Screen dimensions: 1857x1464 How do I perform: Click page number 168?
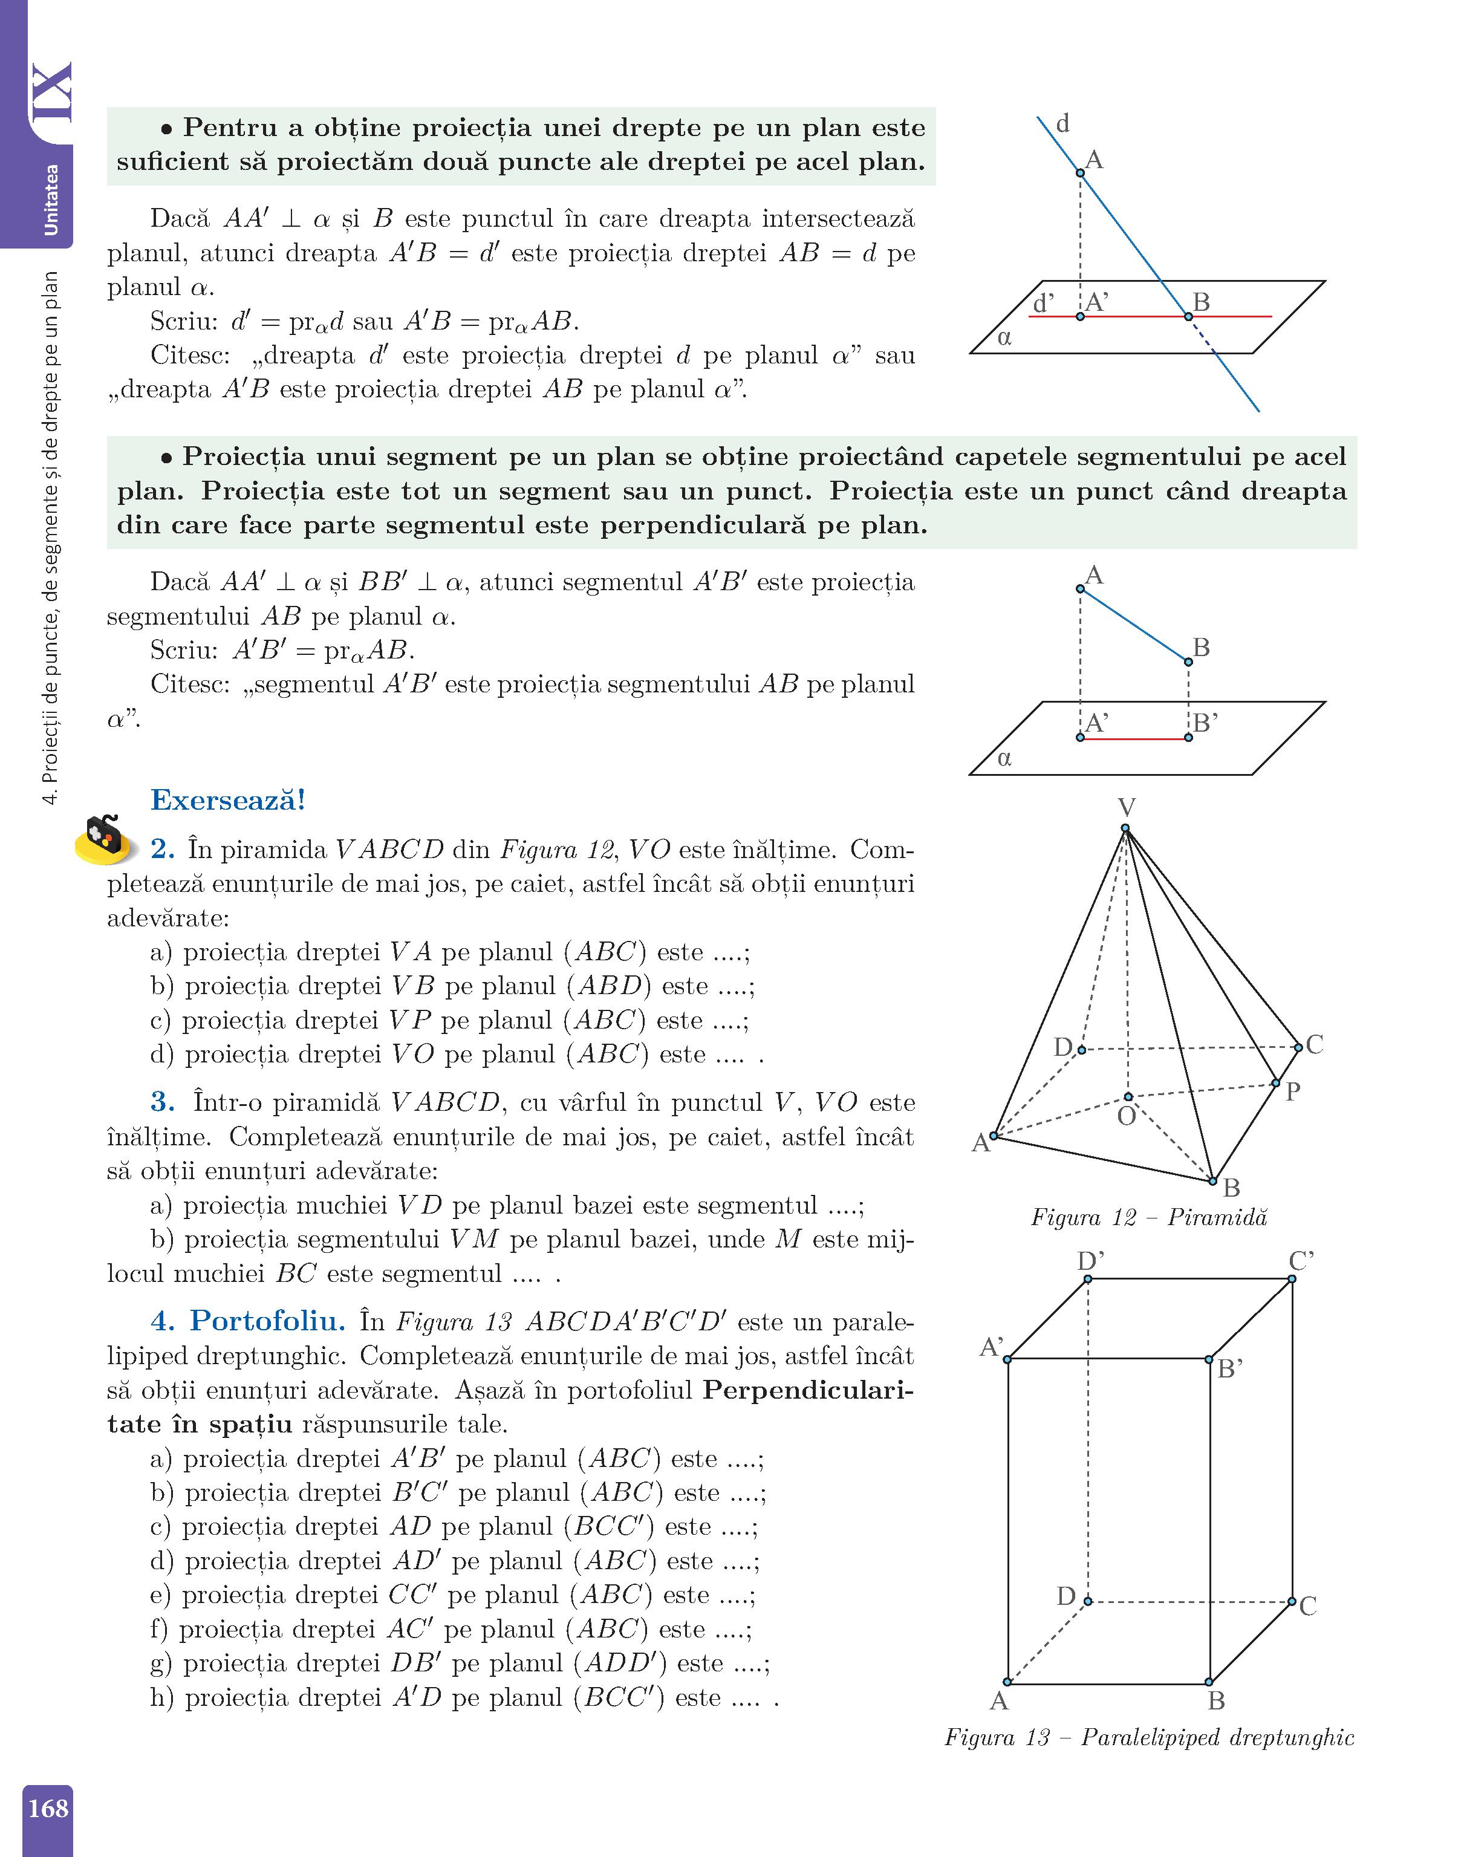click(48, 1808)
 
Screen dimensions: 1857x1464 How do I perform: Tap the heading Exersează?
click(228, 801)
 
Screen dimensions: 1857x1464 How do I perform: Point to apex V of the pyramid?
click(1125, 828)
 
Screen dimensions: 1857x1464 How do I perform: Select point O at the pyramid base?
click(1128, 1097)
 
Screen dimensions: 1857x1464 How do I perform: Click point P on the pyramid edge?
click(1275, 1083)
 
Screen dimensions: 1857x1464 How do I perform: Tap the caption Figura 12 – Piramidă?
click(1148, 1218)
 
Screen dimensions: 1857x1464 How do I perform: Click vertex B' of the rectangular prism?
click(1209, 1360)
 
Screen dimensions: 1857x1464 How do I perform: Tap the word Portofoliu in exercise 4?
click(267, 1321)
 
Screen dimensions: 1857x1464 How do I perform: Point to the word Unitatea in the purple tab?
click(51, 200)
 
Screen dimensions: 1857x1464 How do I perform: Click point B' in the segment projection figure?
click(1188, 738)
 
